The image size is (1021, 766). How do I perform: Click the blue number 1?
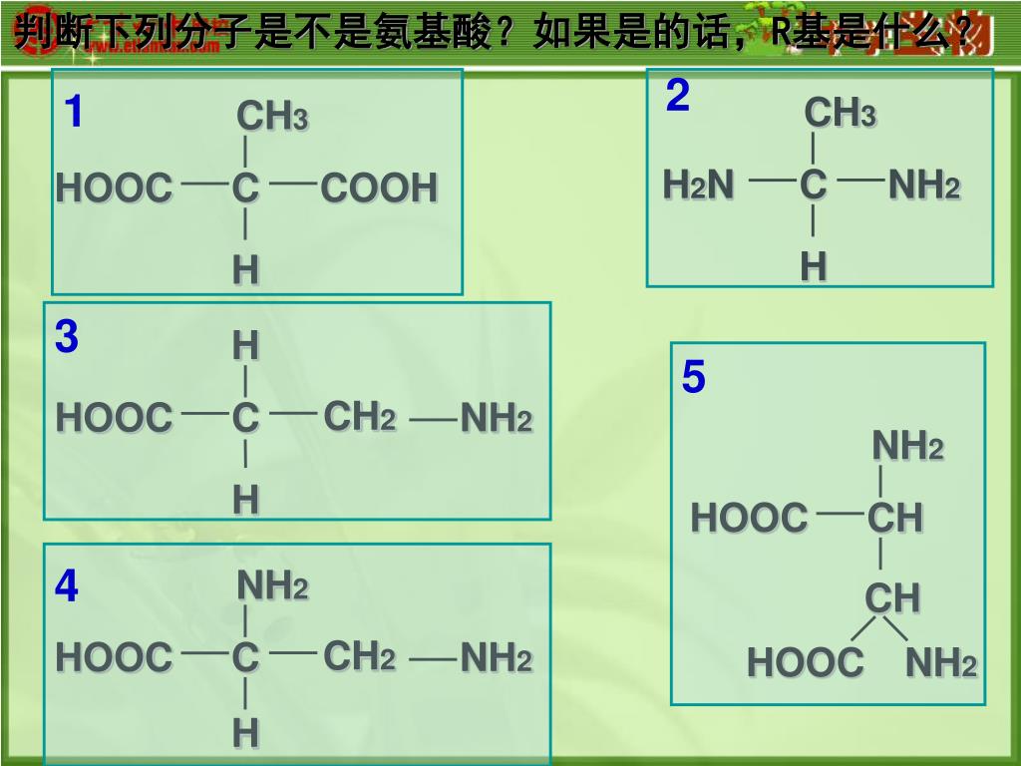73,113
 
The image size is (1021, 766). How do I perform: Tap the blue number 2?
678,97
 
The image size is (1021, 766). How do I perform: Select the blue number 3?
67,337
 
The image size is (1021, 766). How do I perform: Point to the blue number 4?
67,586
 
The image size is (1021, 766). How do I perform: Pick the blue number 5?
694,378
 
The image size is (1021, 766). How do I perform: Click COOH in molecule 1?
379,188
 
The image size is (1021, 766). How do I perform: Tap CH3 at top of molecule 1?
272,118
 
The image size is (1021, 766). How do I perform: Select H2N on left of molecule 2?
699,185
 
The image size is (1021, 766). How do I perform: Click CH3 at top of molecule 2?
840,114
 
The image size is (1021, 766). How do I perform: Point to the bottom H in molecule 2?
814,266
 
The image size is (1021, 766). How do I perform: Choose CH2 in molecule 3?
359,417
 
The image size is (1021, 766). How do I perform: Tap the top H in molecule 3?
245,347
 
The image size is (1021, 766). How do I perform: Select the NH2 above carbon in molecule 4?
272,586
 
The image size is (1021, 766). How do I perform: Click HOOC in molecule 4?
114,657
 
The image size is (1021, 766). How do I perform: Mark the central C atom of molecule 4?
245,658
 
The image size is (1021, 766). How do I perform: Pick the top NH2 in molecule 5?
907,447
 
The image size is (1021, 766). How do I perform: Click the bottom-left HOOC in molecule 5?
805,662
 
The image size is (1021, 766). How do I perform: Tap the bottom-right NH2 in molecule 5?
940,662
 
